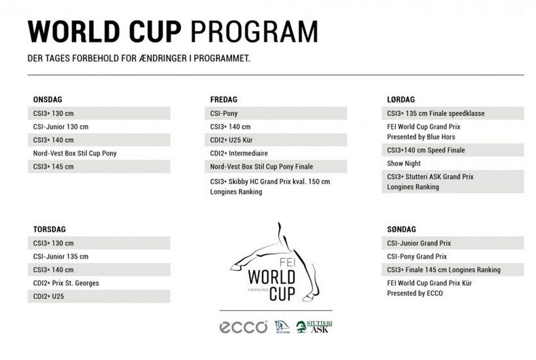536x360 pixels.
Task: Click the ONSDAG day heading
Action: [x=48, y=100]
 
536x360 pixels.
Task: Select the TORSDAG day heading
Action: [x=50, y=230]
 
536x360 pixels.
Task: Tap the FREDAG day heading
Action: [x=224, y=100]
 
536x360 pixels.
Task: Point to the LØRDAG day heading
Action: [x=401, y=100]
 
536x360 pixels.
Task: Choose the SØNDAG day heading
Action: [x=402, y=230]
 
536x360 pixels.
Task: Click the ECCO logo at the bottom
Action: [x=243, y=327]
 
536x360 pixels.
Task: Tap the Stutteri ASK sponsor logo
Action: [x=314, y=327]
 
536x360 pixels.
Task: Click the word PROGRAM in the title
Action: [x=254, y=32]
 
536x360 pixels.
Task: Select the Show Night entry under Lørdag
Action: [x=404, y=163]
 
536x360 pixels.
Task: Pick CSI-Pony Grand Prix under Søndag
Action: [x=417, y=257]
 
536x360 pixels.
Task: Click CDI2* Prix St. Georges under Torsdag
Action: [x=66, y=283]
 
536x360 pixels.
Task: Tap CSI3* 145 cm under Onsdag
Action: [x=53, y=167]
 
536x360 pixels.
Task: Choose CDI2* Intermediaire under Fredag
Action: [x=239, y=153]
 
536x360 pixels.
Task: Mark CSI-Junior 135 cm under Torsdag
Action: [x=61, y=257]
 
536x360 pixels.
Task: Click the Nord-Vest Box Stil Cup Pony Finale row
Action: [x=276, y=167]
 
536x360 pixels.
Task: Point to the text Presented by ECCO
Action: [x=415, y=293]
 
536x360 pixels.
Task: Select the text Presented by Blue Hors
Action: [x=421, y=137]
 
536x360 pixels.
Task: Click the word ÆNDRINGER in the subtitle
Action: [x=163, y=59]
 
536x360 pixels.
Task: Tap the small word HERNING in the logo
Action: [x=258, y=290]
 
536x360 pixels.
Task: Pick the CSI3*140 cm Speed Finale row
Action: [x=453, y=150]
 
